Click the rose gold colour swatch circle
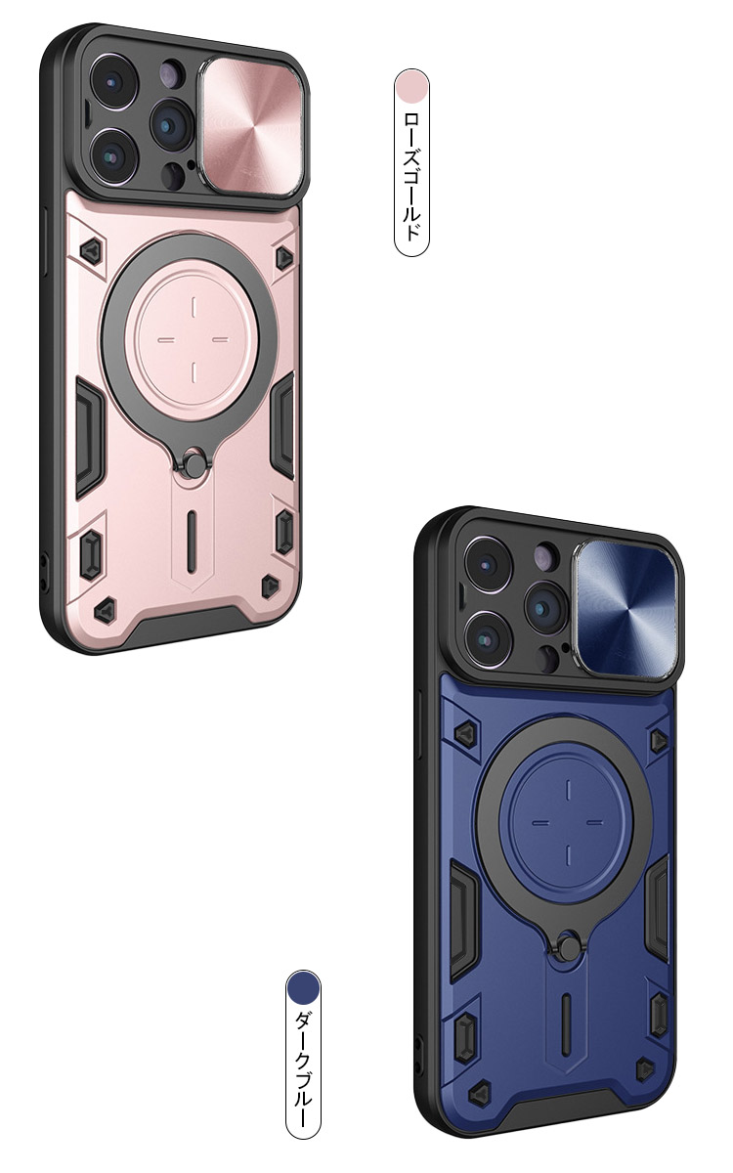pos(411,86)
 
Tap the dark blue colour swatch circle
pos(303,988)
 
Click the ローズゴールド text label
pos(411,176)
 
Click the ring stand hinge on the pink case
pos(194,461)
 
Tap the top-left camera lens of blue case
pos(484,565)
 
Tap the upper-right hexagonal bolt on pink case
pos(284,255)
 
